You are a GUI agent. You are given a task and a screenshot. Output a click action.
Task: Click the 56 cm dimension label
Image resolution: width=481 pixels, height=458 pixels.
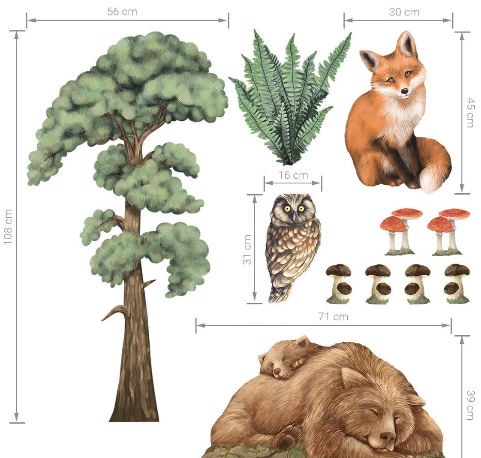pos(122,12)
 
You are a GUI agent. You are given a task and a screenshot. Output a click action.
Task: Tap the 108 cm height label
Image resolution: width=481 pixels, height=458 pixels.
pos(8,227)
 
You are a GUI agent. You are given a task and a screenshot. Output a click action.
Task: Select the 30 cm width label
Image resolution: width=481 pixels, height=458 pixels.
pos(404,12)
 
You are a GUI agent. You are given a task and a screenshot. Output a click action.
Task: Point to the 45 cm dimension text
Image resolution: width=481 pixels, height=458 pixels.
pos(471,113)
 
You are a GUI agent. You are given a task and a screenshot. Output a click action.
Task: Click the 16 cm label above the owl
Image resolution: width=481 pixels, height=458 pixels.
pos(293,175)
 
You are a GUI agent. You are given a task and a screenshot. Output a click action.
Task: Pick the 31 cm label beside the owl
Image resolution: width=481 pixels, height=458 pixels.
pos(247,249)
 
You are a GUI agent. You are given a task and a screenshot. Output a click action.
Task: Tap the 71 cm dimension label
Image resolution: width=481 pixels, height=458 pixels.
pos(333,317)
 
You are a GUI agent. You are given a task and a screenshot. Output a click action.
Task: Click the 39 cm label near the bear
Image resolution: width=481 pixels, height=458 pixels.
pos(471,405)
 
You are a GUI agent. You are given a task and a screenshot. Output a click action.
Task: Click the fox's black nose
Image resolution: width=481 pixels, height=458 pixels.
pos(405,91)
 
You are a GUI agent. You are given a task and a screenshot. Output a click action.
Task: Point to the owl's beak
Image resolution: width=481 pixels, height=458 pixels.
pos(294,217)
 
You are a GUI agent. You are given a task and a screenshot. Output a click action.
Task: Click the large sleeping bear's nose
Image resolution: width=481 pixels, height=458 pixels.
pos(387,436)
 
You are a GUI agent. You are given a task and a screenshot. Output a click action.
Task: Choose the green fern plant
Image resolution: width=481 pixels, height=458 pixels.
pos(289,98)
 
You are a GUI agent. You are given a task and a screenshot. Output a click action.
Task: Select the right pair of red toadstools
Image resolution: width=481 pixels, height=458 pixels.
pos(448,232)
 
